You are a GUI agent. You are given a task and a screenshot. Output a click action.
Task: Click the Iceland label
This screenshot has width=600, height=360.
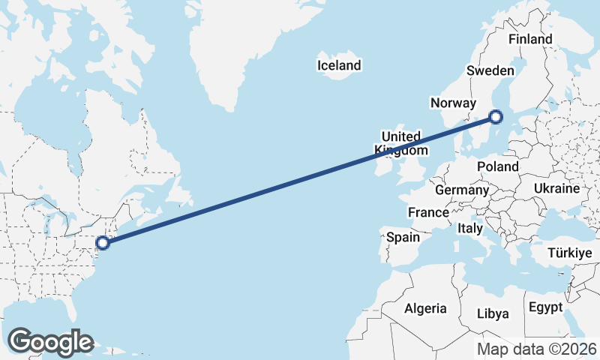pos(339,65)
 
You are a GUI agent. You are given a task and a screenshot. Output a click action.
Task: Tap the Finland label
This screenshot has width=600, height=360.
pos(529,39)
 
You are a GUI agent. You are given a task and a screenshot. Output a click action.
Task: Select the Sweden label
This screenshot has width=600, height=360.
pos(490,70)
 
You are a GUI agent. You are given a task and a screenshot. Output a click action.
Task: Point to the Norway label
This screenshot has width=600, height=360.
pos(454,103)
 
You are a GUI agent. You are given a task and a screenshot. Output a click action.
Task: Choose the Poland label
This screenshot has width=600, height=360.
pos(497,166)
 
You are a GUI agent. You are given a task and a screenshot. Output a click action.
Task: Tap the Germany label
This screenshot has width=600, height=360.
pos(461,190)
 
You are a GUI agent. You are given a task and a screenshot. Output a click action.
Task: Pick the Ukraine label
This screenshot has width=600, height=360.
pos(557,187)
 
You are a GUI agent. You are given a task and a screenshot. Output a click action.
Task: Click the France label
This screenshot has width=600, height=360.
pos(428,213)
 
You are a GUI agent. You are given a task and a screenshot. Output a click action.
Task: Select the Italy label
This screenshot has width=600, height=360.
pos(470,227)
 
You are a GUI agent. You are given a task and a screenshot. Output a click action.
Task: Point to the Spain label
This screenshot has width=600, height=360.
pos(403,237)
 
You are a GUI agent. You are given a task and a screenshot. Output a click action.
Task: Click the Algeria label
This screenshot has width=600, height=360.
pos(425,308)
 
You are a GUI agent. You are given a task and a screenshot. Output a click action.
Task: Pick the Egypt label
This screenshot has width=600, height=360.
pos(545,307)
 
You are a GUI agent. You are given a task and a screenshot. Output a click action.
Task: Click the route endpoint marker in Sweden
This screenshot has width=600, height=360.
pos(495,116)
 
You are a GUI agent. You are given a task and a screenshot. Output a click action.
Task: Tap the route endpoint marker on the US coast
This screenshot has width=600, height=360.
pos(103,242)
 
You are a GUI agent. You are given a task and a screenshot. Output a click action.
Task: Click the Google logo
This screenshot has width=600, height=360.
pos(50,342)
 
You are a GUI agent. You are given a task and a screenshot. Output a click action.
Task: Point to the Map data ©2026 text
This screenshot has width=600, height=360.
pos(537,349)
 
